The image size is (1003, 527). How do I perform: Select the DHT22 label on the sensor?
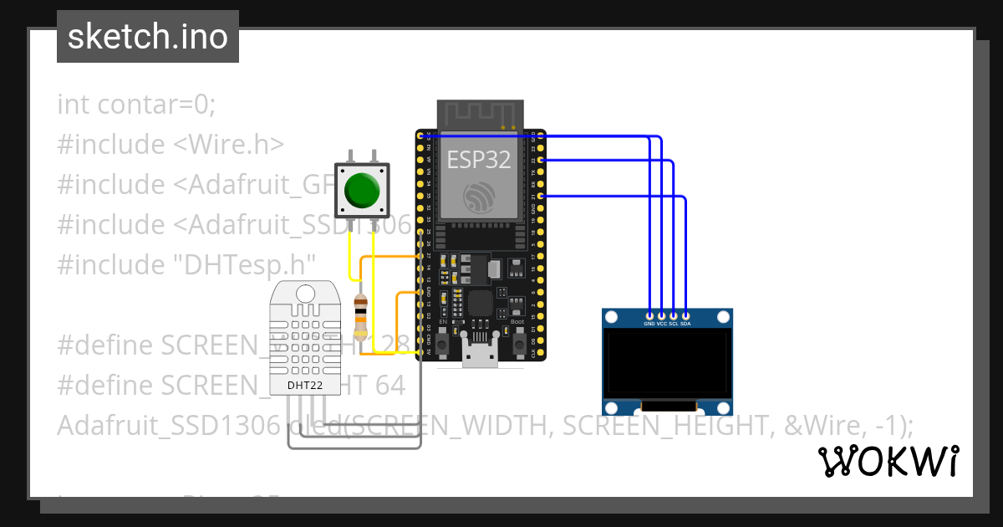[x=304, y=386]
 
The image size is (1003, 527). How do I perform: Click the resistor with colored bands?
[x=360, y=316]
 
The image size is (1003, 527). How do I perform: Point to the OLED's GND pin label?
[x=649, y=323]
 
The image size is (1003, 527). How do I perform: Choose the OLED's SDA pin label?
[x=685, y=323]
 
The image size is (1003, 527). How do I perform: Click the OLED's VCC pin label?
[x=661, y=323]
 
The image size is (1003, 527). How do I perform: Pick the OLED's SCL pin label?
[x=674, y=323]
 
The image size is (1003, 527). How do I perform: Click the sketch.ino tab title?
[x=148, y=37]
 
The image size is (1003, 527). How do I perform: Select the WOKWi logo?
[x=888, y=461]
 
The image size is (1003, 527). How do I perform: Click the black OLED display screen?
[x=668, y=363]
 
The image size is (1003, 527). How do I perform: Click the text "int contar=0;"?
[x=136, y=105]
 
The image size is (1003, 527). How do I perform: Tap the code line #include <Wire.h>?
[x=171, y=145]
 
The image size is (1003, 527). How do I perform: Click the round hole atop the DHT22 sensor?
[x=305, y=294]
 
